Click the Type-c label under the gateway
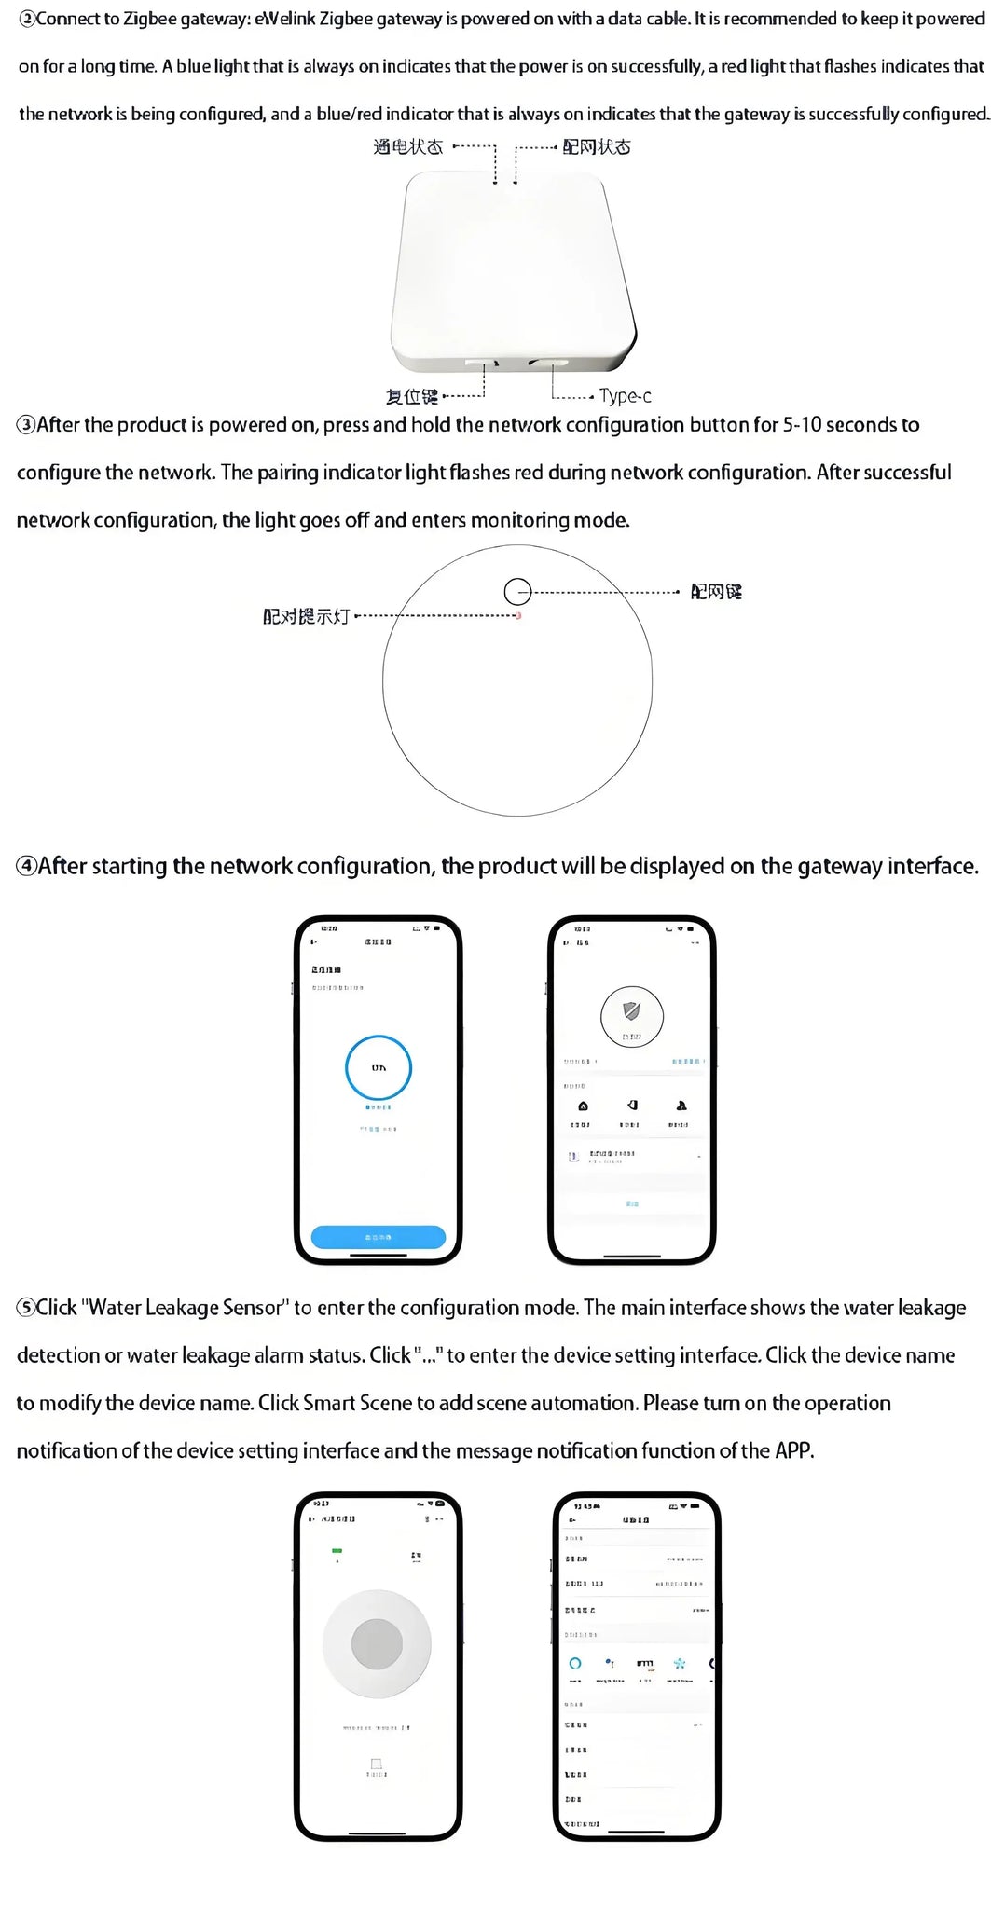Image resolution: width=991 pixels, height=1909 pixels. click(x=625, y=396)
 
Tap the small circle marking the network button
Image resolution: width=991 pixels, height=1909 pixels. click(x=517, y=591)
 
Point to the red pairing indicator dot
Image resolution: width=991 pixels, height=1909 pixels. click(x=518, y=615)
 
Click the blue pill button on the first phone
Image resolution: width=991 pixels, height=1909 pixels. click(x=378, y=1237)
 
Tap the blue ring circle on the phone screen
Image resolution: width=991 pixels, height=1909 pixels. click(x=379, y=1067)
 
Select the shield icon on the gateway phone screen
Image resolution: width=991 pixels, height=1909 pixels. click(x=631, y=1010)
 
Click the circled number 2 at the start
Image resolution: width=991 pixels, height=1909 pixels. click(x=26, y=20)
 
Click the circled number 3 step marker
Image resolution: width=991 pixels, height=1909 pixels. click(x=26, y=425)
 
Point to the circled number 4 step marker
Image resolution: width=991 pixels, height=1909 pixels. click(x=26, y=867)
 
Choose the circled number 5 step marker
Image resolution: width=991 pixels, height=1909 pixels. click(x=26, y=1308)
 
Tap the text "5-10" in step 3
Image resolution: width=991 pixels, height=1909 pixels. click(x=802, y=425)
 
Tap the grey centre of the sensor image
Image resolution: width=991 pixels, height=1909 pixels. click(x=377, y=1643)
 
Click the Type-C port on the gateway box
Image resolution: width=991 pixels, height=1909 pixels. click(x=547, y=361)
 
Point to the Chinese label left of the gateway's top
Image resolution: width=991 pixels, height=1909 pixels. click(x=407, y=147)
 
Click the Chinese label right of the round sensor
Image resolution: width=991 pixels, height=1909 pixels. click(x=716, y=592)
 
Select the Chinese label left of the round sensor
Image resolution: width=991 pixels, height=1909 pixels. click(x=306, y=616)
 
